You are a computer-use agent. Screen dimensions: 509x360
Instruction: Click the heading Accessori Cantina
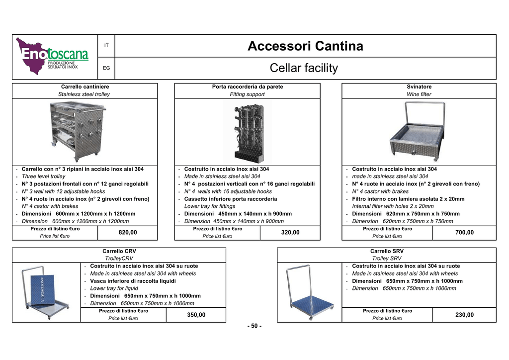click(305, 46)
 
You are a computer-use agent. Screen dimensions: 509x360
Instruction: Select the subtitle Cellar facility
click(304, 68)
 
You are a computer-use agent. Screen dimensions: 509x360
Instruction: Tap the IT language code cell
click(106, 45)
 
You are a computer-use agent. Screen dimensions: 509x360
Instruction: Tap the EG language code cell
click(106, 68)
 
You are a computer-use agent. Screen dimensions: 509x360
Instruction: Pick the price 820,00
click(128, 232)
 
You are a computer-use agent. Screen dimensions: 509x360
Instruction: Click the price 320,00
click(290, 232)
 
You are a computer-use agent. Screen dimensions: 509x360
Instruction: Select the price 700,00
click(465, 232)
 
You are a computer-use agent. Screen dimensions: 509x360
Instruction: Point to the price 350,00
click(196, 315)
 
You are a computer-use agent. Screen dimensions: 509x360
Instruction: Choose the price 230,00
click(465, 315)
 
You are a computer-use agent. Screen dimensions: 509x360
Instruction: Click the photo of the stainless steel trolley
click(78, 131)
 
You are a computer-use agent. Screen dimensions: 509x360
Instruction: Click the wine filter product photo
click(417, 131)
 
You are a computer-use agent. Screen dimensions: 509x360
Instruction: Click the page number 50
click(254, 326)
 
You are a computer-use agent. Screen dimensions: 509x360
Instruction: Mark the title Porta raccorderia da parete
click(248, 87)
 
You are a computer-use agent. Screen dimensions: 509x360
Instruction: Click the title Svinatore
click(419, 87)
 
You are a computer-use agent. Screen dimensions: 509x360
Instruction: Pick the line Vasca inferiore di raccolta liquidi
click(133, 281)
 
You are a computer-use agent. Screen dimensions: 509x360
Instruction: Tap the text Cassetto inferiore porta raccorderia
click(231, 199)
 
